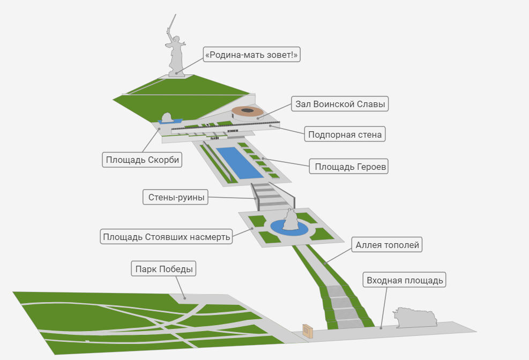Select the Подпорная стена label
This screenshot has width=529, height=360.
tap(345, 134)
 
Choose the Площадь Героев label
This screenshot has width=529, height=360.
tap(351, 167)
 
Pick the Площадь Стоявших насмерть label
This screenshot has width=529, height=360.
tap(167, 236)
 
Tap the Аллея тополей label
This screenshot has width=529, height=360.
tap(388, 245)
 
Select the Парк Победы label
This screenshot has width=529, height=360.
tap(163, 269)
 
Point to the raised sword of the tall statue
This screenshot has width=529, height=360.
tap(171, 23)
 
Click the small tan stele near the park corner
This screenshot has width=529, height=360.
tap(308, 331)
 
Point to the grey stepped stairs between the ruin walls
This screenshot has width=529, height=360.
tap(271, 195)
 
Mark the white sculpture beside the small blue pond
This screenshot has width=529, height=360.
tap(167, 117)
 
